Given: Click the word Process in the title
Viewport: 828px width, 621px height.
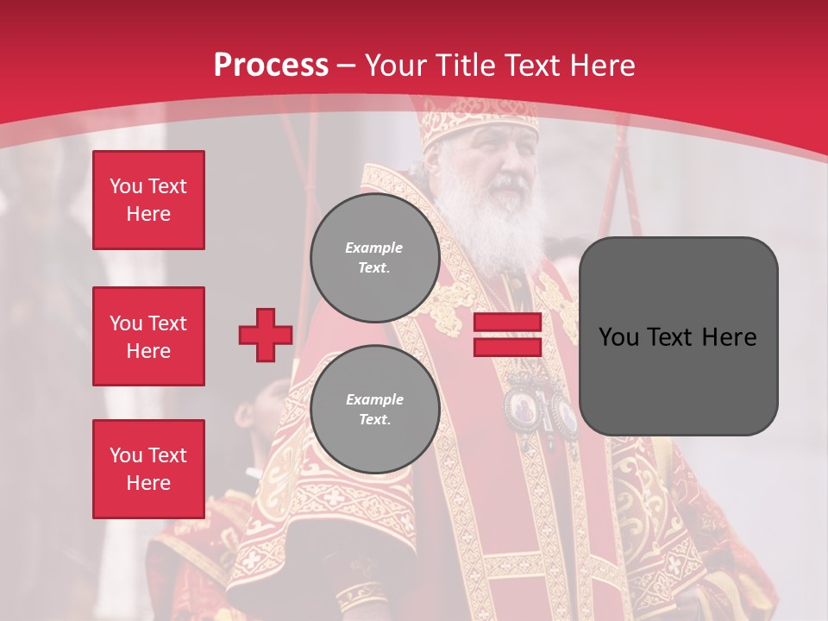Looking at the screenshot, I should click(271, 66).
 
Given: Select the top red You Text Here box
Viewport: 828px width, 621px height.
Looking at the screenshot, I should click(148, 200).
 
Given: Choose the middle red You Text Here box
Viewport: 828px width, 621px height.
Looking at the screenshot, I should click(148, 336).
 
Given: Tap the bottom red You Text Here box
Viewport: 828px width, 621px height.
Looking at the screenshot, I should click(148, 469).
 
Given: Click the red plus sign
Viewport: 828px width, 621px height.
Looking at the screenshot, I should click(266, 336).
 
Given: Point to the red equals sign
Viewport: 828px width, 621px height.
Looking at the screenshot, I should click(508, 336).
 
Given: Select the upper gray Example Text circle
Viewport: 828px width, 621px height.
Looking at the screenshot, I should click(374, 258).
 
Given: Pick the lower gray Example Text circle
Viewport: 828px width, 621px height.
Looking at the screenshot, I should click(374, 410).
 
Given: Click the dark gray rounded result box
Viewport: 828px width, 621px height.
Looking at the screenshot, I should click(678, 336).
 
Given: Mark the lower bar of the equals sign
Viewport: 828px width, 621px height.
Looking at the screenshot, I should click(508, 348).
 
